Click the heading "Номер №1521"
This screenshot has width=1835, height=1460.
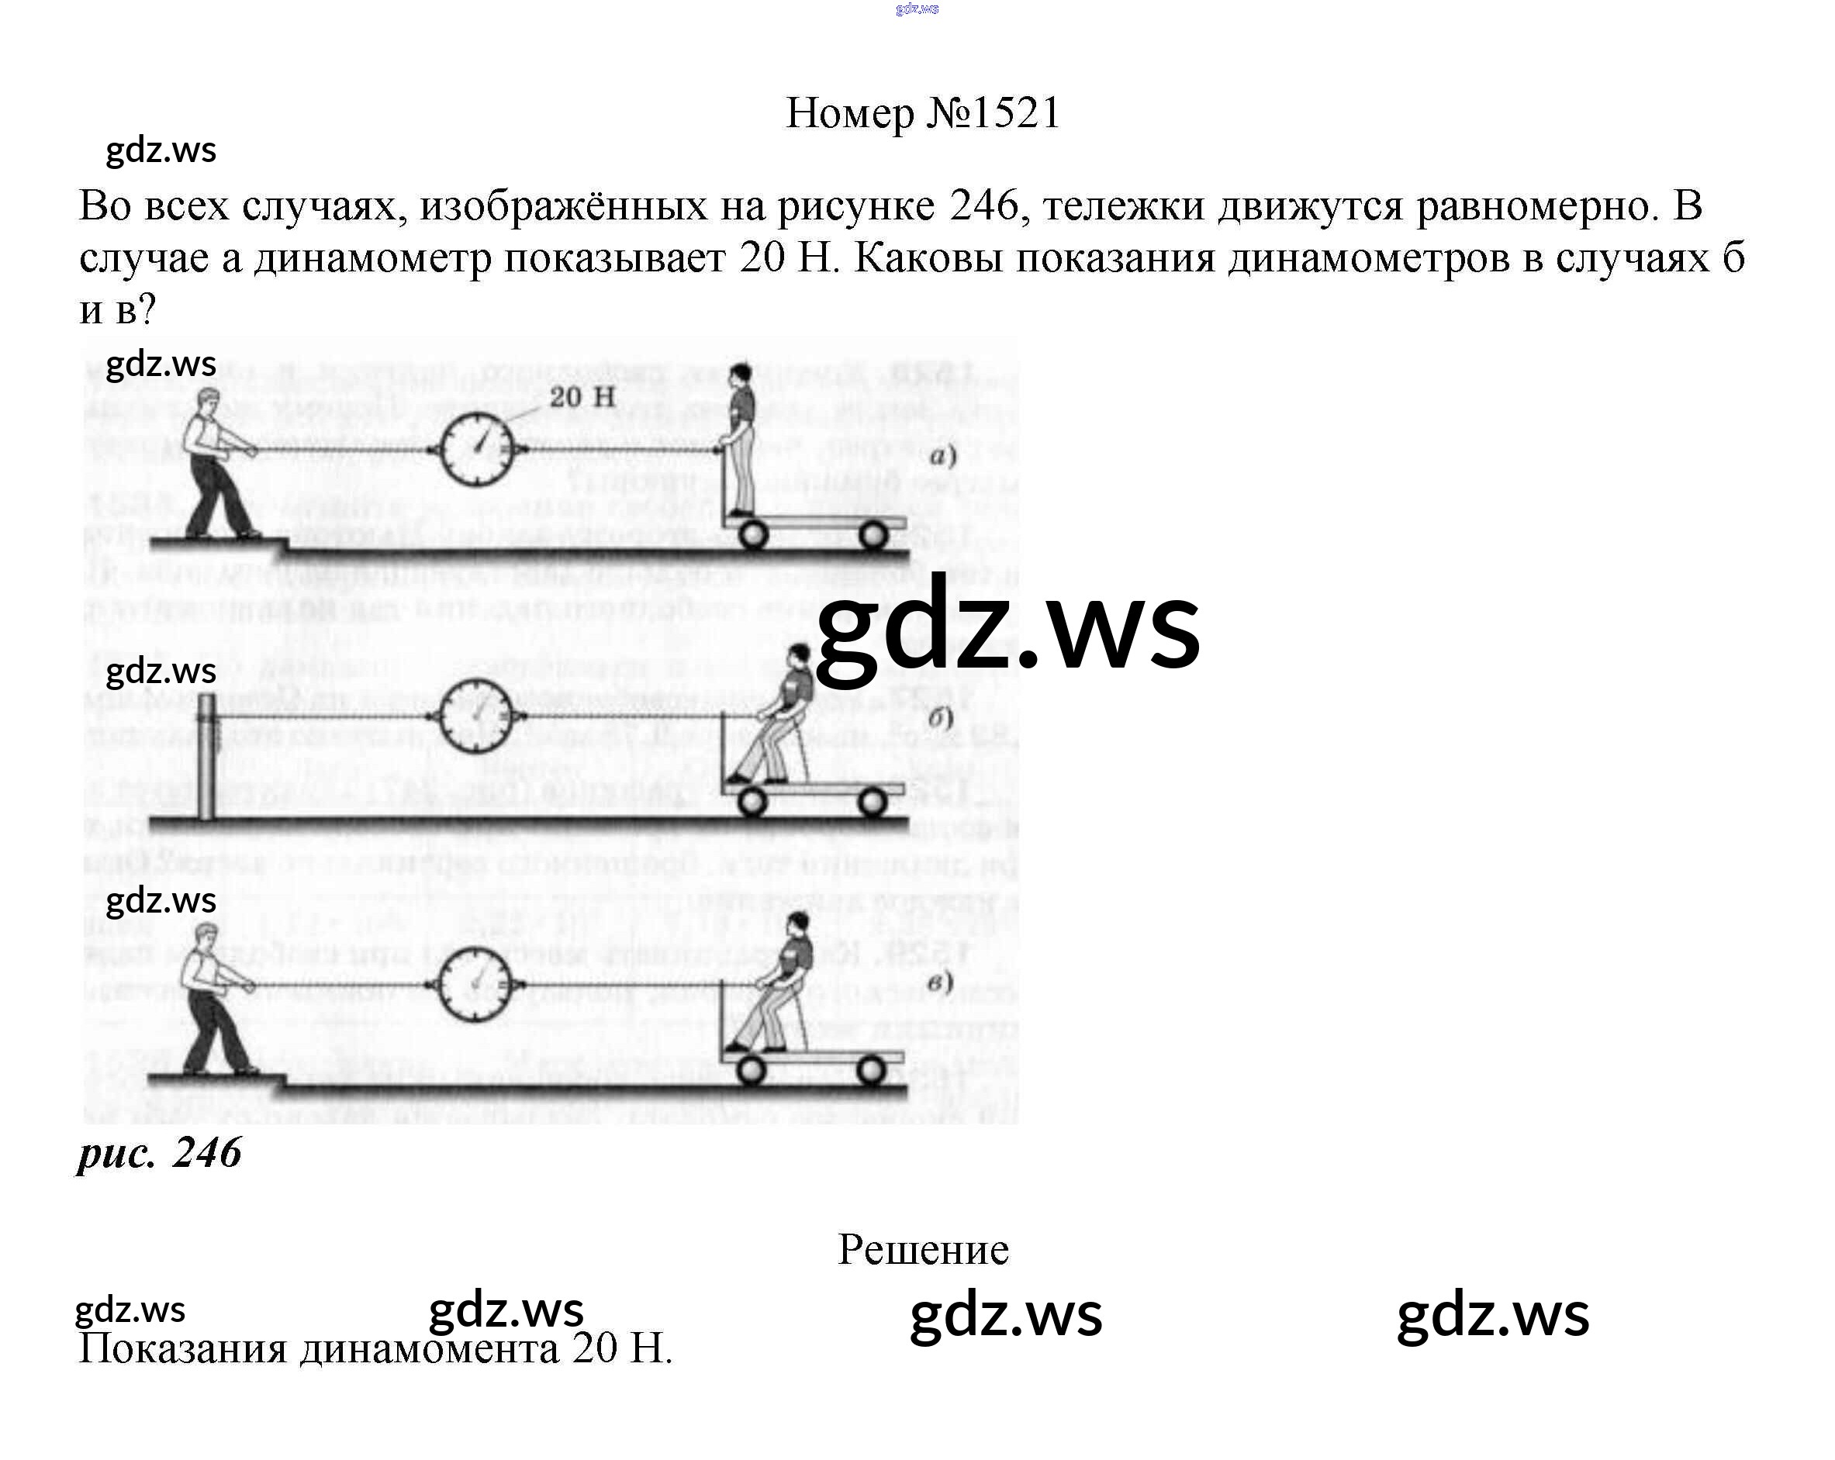(923, 113)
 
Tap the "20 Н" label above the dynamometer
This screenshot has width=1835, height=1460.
(582, 396)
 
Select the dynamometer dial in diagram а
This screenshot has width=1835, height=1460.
(479, 449)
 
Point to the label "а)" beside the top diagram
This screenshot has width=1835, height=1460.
(942, 457)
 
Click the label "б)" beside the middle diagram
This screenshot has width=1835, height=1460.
(940, 717)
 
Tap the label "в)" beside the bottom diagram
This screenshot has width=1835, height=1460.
(940, 982)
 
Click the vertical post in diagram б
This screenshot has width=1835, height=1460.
(207, 758)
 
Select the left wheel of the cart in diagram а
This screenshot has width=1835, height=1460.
(752, 536)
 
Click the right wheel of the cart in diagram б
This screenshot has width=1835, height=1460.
(872, 802)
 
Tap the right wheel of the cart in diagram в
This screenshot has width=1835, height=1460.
(872, 1070)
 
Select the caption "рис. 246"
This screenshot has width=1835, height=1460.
(159, 1154)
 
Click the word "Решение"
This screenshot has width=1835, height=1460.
(923, 1249)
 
